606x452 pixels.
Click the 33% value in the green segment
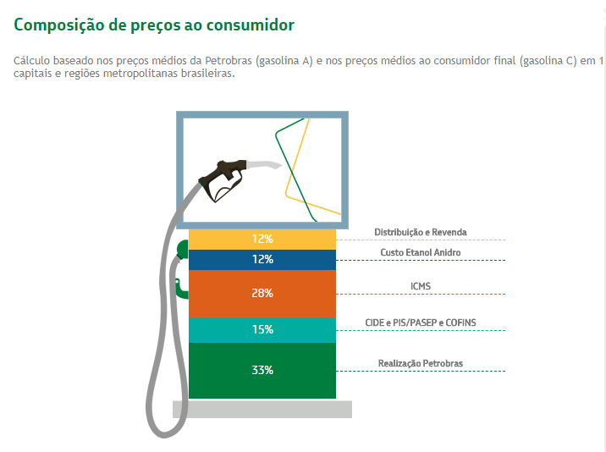tap(262, 370)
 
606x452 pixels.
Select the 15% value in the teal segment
tap(262, 329)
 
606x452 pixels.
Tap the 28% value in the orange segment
tap(262, 293)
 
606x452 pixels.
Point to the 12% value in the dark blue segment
tap(262, 259)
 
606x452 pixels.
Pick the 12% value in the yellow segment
tap(262, 239)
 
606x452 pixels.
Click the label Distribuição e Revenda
tap(421, 232)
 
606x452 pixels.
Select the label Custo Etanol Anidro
tap(421, 252)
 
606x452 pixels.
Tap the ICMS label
tap(421, 286)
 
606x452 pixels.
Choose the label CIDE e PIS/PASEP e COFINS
tap(421, 322)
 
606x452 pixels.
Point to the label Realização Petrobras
tap(421, 363)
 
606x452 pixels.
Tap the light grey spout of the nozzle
tap(264, 164)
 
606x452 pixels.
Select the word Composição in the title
tap(58, 25)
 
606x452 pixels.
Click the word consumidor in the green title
tap(250, 25)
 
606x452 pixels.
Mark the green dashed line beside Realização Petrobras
tap(421, 372)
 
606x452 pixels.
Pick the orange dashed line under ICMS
tap(421, 295)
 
